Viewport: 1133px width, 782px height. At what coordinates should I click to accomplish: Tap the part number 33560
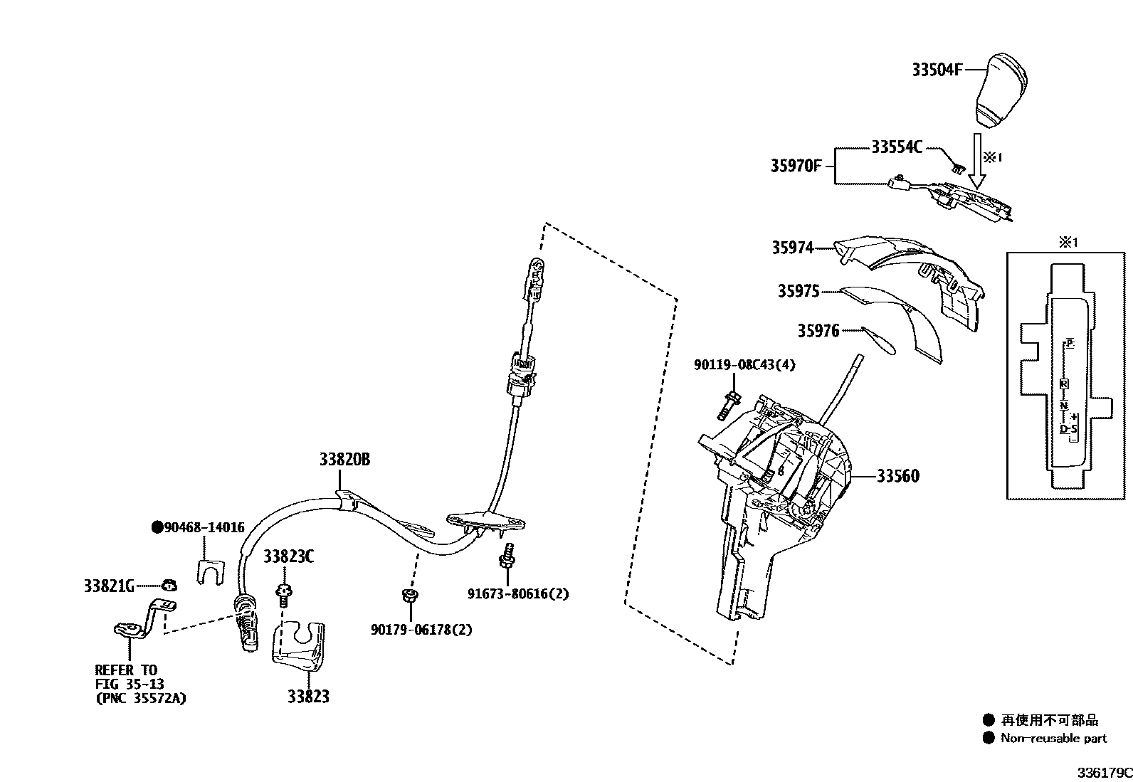897,476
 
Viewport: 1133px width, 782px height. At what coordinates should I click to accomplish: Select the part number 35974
792,248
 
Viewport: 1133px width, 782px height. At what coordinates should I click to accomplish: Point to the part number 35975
798,291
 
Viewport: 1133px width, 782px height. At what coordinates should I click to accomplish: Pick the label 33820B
344,460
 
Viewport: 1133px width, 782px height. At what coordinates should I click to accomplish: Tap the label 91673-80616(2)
518,593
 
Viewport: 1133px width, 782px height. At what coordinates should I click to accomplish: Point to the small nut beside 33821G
169,586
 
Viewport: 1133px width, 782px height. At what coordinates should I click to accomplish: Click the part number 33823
308,697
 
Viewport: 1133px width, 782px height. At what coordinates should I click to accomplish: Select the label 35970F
796,166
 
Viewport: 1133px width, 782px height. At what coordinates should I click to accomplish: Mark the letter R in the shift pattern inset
1064,384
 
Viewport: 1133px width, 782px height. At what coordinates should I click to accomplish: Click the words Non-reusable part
1053,738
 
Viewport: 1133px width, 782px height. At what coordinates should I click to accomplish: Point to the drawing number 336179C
1104,773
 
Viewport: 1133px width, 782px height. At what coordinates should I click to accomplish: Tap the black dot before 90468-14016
157,527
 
